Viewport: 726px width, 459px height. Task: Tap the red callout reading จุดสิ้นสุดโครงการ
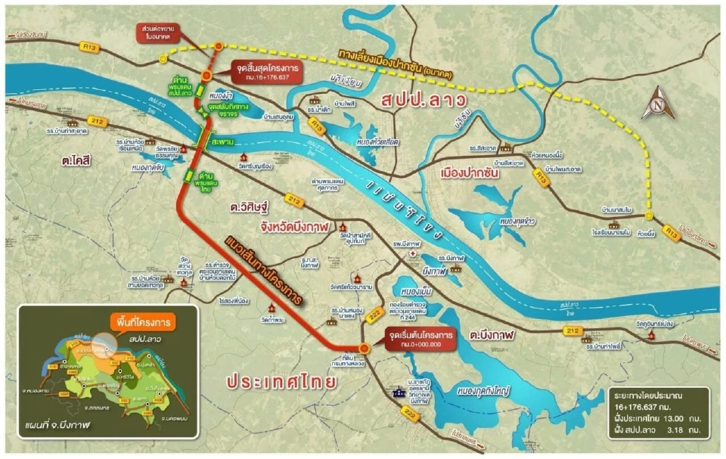[259, 72]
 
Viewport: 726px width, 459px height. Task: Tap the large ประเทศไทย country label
[281, 380]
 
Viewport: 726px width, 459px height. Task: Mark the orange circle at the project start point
[365, 347]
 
